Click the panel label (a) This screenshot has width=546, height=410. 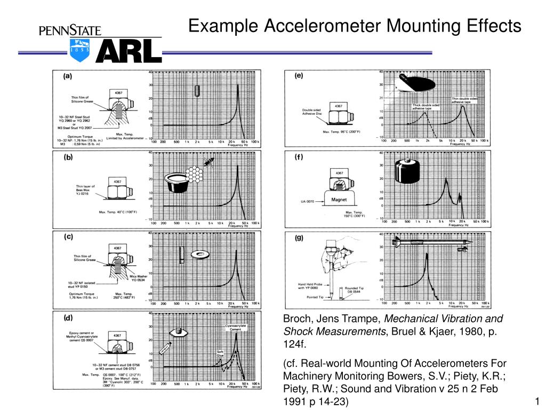point(69,76)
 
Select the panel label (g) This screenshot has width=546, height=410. point(299,238)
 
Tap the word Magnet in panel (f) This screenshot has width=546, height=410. point(340,200)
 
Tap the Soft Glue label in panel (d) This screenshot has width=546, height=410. point(220,352)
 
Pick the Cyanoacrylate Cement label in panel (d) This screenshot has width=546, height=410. point(234,327)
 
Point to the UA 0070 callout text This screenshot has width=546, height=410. point(309,202)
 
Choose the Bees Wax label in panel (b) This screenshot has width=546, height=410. point(85,192)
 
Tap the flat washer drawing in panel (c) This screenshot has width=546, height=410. point(203,253)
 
